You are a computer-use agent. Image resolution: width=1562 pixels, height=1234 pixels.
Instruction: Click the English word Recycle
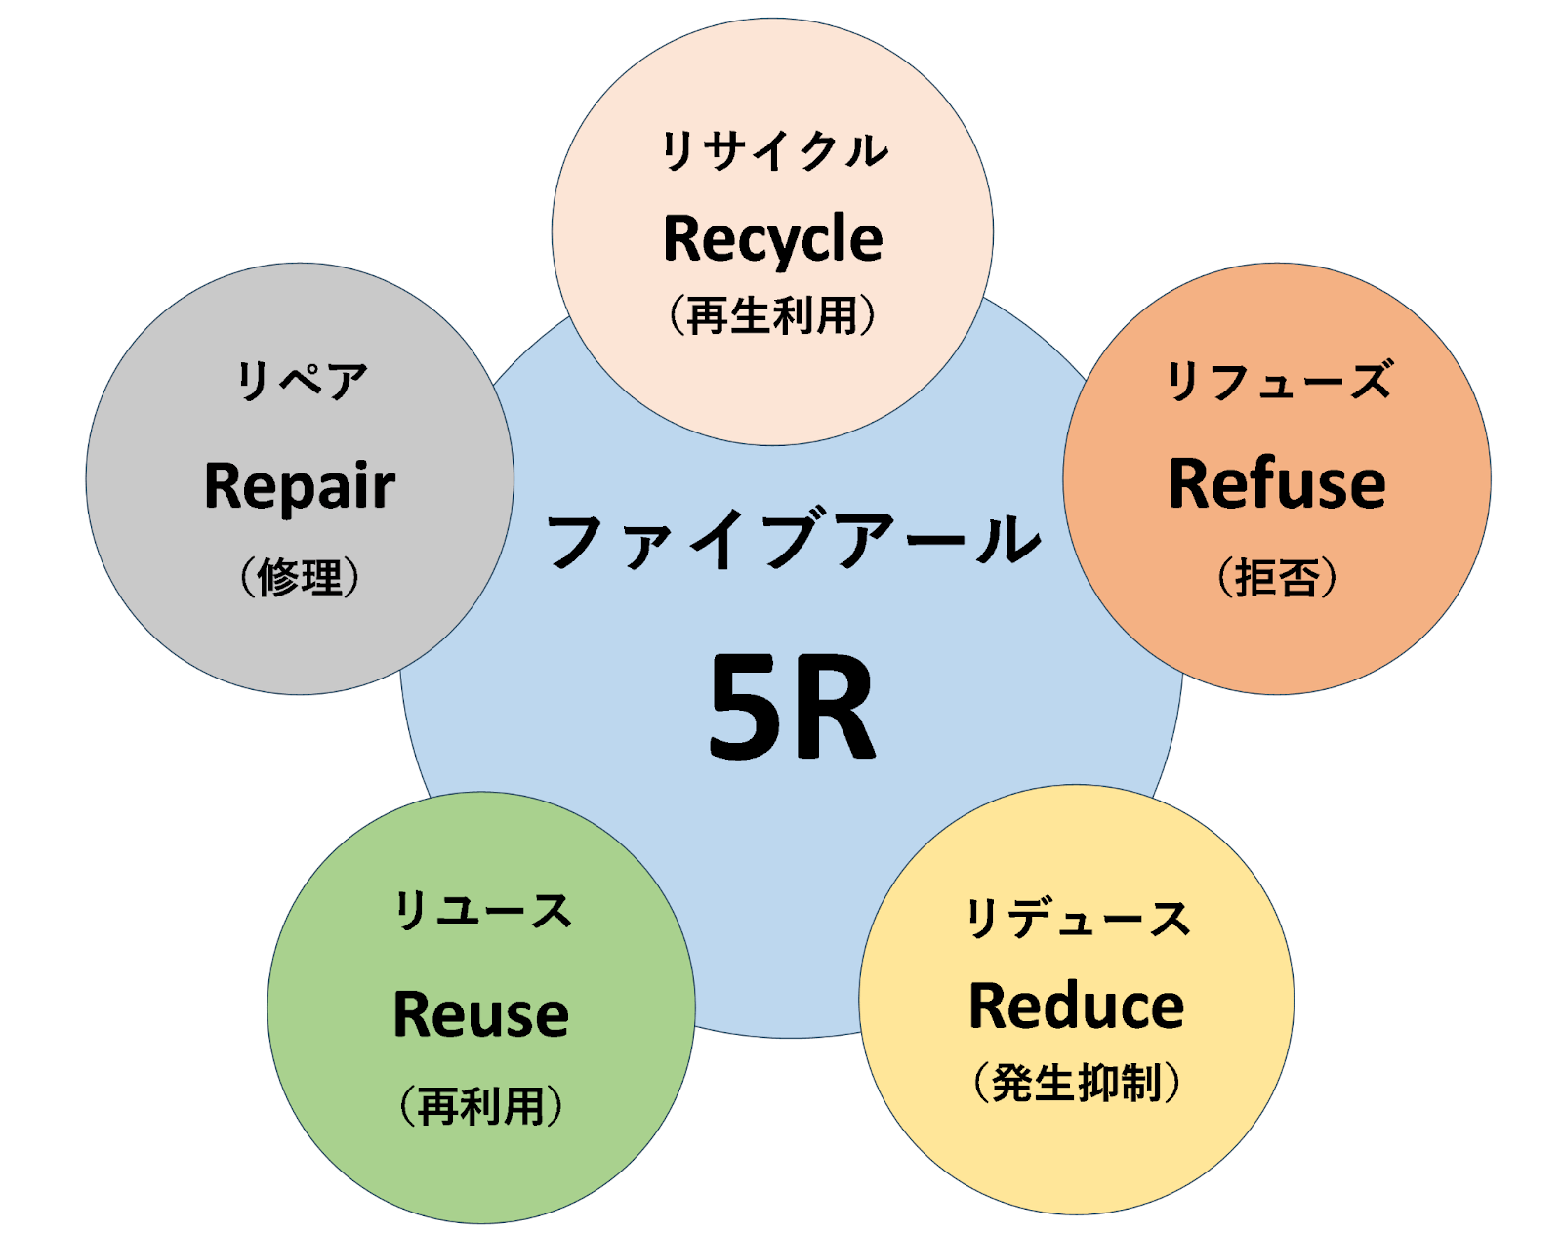click(772, 239)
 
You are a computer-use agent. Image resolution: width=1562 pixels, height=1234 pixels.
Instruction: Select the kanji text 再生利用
click(772, 315)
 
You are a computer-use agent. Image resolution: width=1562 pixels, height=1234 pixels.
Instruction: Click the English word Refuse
click(1277, 484)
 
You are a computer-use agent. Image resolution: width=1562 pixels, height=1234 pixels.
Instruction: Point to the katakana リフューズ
click(1279, 381)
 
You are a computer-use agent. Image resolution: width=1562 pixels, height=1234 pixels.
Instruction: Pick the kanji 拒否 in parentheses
click(1277, 577)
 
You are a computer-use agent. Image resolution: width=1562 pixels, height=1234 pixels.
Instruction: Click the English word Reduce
click(1076, 1007)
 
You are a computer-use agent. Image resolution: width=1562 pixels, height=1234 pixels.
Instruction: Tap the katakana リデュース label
click(1077, 919)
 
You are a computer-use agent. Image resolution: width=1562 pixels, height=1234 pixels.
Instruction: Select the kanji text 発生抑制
click(1077, 1083)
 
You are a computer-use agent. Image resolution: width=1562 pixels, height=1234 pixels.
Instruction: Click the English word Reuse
click(480, 1014)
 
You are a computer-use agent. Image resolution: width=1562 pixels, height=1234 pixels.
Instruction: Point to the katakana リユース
click(482, 911)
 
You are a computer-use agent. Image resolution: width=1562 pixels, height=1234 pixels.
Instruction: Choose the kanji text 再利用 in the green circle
click(480, 1106)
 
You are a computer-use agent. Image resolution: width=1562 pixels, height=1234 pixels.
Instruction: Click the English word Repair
click(300, 486)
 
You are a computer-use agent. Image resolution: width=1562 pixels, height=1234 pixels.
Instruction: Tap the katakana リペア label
click(302, 381)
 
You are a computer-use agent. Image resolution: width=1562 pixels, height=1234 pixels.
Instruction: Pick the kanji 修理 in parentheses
click(300, 577)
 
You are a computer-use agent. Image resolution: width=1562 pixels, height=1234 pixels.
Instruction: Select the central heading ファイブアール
click(792, 541)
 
